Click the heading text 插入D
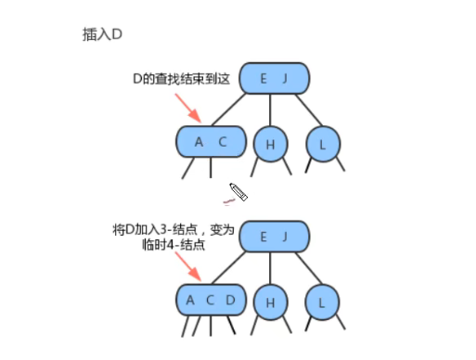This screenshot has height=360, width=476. [x=102, y=33]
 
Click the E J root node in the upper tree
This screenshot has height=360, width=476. [x=276, y=79]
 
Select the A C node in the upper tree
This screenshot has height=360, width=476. [x=211, y=142]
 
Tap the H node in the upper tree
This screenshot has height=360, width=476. [x=270, y=145]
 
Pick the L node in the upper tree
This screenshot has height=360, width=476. [x=322, y=145]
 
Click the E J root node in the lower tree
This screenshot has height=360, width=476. [x=276, y=237]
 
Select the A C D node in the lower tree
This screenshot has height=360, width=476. [x=211, y=300]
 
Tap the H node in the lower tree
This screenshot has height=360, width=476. [x=270, y=302]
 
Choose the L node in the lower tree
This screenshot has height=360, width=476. [x=322, y=302]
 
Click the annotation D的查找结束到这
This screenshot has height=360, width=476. [x=182, y=82]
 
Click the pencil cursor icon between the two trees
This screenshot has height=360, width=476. [x=238, y=192]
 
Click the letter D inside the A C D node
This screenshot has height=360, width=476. [x=231, y=300]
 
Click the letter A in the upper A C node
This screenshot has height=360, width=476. [x=198, y=142]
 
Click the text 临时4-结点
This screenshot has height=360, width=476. [x=174, y=246]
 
